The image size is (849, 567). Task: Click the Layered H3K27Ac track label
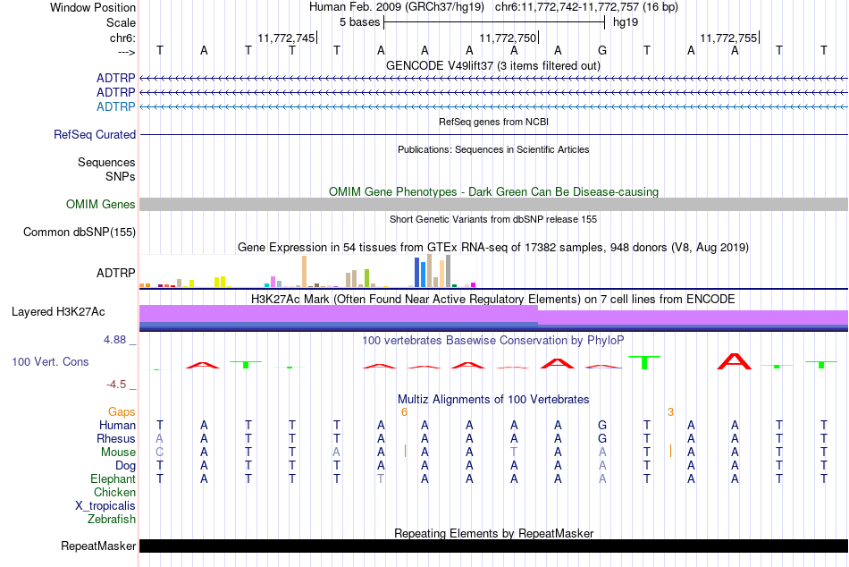(x=58, y=312)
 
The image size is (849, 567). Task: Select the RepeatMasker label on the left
(x=98, y=546)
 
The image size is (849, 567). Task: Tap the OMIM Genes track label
(x=101, y=205)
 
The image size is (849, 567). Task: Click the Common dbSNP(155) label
(x=80, y=232)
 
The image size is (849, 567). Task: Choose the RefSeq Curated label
(x=95, y=134)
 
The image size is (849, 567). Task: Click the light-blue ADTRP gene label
(x=116, y=106)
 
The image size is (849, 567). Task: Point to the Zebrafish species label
(x=112, y=520)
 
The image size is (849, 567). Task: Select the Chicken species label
(x=114, y=492)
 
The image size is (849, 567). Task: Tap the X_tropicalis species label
(x=105, y=506)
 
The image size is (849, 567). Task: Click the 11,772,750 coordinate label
(x=508, y=38)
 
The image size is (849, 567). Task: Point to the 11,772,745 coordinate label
(x=286, y=38)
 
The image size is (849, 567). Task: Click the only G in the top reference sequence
(x=602, y=50)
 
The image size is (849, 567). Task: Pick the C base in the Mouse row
(x=159, y=453)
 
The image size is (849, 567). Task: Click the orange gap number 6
(x=404, y=412)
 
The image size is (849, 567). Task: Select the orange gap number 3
(x=670, y=412)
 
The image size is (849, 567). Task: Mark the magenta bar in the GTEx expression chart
(x=473, y=284)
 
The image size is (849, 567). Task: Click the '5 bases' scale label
(x=359, y=22)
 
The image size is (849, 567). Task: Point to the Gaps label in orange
(x=122, y=412)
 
